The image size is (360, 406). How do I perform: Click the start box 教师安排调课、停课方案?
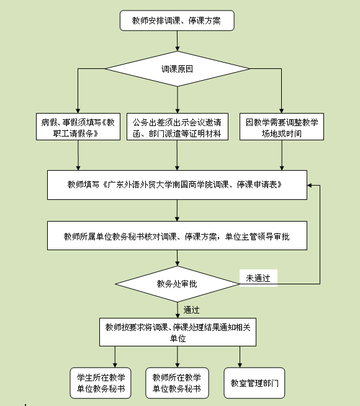(177, 20)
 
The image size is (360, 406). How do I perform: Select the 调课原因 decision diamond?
(178, 69)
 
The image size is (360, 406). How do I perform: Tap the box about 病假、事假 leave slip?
(78, 127)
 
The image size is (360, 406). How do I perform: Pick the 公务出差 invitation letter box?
(178, 127)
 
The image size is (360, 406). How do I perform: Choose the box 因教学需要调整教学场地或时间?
(282, 127)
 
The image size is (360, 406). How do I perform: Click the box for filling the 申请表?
(177, 185)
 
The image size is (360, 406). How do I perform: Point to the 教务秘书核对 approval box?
(177, 235)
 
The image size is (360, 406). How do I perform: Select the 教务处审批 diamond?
(178, 284)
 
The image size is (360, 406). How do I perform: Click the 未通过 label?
(258, 278)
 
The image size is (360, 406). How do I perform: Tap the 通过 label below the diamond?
(192, 310)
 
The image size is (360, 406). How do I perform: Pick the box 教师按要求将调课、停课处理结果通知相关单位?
(178, 332)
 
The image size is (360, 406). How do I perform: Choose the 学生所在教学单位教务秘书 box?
(101, 383)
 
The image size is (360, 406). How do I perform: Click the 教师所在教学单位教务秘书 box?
(177, 383)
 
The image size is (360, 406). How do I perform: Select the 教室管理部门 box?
(254, 383)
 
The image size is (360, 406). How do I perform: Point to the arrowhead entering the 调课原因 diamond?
(178, 48)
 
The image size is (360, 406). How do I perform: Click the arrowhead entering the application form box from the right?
(310, 185)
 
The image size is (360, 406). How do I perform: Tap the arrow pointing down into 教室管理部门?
(240, 357)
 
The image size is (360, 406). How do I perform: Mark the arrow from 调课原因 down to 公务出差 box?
(178, 100)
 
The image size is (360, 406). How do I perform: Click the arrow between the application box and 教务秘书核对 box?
(177, 210)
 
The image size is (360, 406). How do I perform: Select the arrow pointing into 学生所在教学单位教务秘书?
(115, 357)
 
